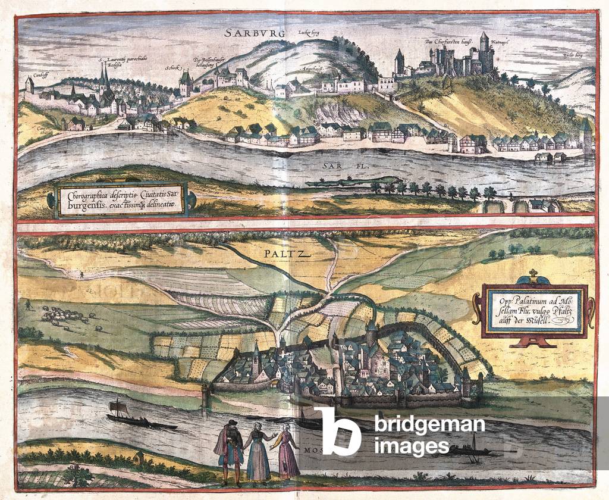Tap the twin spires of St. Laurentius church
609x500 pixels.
[104, 77]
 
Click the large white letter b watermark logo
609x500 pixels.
[337, 430]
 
